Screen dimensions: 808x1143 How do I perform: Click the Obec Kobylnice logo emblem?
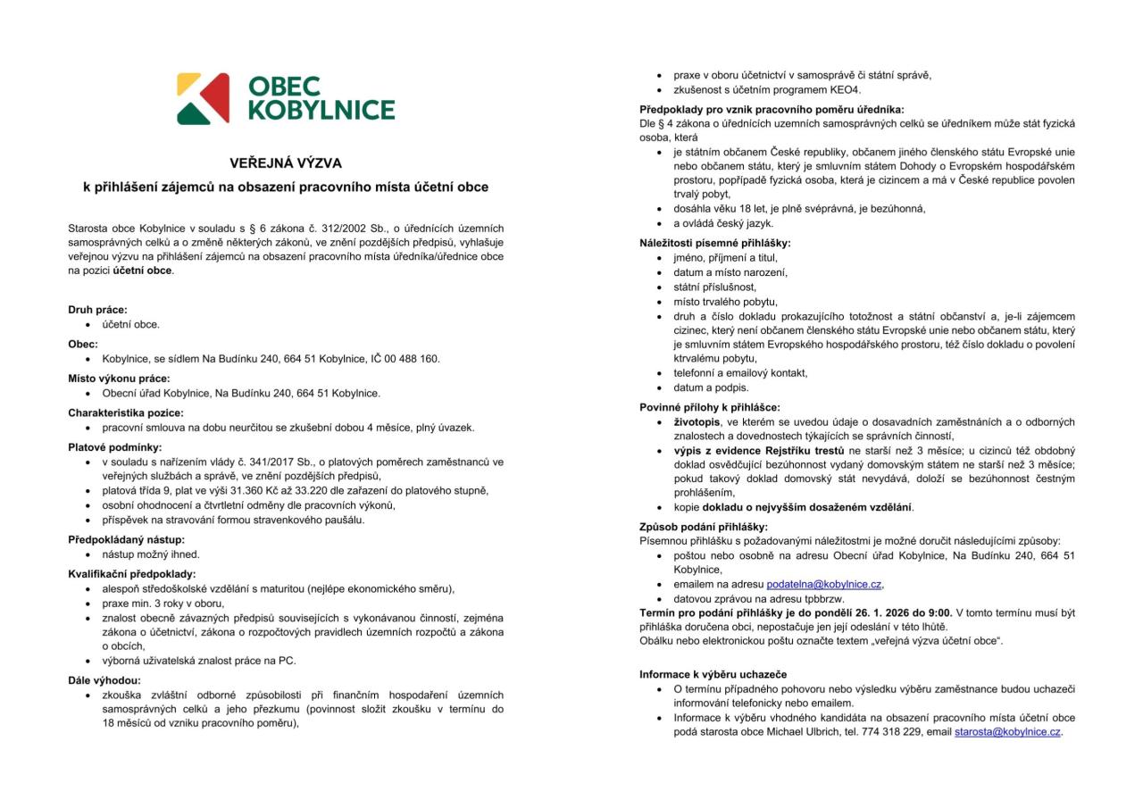203,98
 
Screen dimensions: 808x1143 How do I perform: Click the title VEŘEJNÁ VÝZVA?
286,163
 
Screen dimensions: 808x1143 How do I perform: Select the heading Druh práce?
98,310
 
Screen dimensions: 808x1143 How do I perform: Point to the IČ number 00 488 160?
412,359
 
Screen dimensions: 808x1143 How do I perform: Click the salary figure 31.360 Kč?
238,490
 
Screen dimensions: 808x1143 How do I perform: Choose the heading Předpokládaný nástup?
127,539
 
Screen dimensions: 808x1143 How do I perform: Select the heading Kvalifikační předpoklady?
132,573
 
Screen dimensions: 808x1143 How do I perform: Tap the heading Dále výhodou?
104,680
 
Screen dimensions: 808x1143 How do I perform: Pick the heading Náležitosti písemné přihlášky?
715,243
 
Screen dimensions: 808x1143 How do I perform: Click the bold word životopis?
697,422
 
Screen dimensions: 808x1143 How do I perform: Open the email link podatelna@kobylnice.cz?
824,584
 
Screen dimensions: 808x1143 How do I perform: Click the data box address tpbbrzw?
825,598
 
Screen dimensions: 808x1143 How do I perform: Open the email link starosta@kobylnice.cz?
1007,732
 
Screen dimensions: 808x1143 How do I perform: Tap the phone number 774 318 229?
895,732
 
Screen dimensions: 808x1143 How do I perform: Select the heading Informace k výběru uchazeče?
713,674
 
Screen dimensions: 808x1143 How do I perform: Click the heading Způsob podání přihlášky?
704,526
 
